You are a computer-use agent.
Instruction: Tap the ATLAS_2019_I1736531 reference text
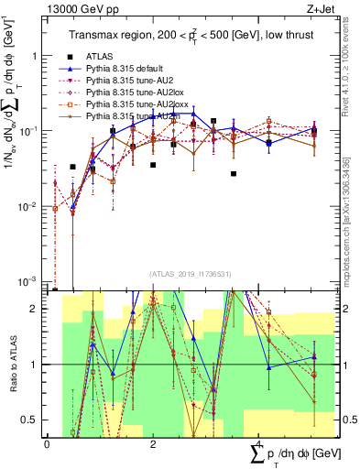coord(183,274)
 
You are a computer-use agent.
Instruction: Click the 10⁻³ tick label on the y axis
coord(27,281)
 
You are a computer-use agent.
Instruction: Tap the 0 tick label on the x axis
coord(48,444)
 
